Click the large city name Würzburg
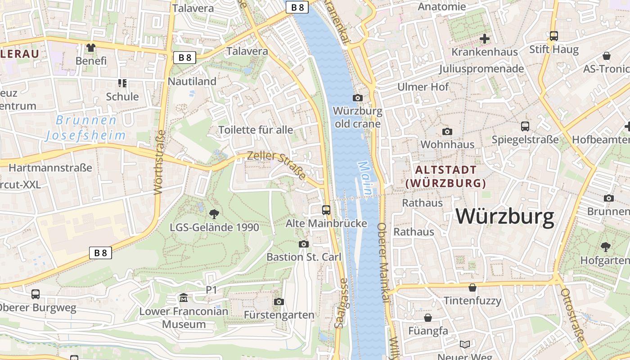(x=505, y=216)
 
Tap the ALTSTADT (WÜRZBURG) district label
(x=446, y=176)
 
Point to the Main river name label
(x=365, y=178)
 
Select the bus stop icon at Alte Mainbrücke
(x=326, y=210)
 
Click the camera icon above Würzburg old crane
(x=358, y=98)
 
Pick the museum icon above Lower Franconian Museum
(x=184, y=297)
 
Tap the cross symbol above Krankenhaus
(x=485, y=39)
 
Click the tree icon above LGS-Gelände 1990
(x=214, y=213)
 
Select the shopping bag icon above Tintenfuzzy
(x=472, y=287)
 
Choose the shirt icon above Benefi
(x=91, y=47)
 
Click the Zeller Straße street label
(x=277, y=165)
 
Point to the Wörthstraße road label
(x=159, y=162)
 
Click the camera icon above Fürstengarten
(x=279, y=301)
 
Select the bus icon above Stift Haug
(x=554, y=36)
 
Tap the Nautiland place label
(x=192, y=81)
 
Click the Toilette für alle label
(x=256, y=130)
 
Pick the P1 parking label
(x=211, y=290)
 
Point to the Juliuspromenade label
(x=481, y=68)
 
